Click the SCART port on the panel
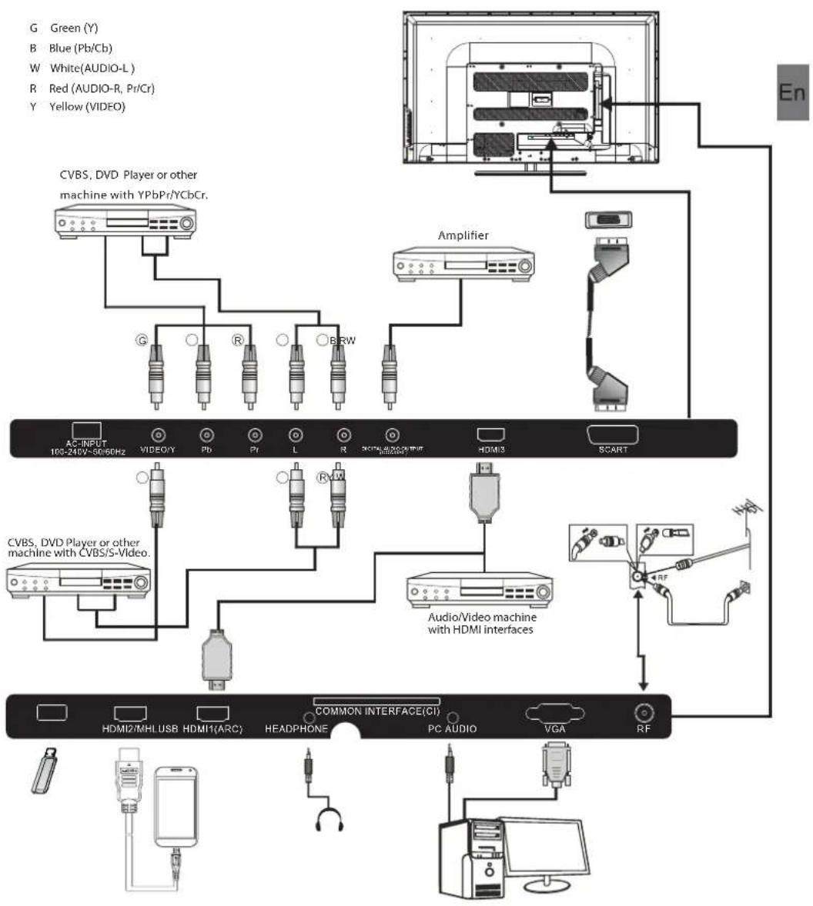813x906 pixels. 612,435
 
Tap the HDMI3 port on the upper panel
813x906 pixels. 490,435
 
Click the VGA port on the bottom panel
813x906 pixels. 554,713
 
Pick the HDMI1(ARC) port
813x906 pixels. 212,713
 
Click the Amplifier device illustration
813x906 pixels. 463,264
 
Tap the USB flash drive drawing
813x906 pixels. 46,769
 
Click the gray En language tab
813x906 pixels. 792,92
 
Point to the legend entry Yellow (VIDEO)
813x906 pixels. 86,107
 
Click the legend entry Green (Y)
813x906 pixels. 73,28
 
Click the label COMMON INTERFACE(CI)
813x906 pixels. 376,711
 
